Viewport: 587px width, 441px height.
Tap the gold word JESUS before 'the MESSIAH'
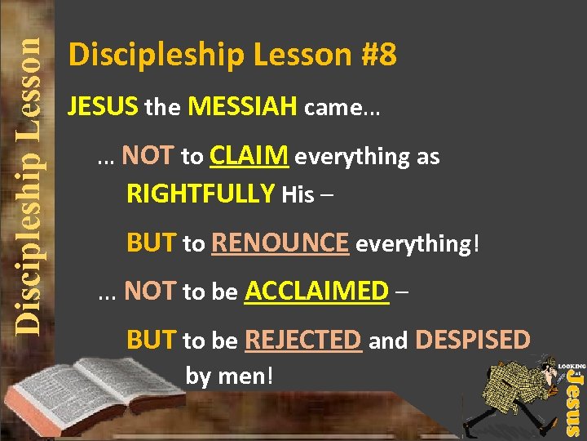104,106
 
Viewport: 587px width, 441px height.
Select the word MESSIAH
242,106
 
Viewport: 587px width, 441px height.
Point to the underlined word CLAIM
249,156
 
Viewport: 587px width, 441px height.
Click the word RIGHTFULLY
201,194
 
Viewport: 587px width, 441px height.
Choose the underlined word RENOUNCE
280,243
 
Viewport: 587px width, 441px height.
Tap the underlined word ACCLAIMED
316,291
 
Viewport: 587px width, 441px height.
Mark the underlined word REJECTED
302,340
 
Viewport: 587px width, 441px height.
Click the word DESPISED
472,340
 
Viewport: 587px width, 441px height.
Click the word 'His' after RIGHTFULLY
298,195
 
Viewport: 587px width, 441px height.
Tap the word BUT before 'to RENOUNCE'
152,243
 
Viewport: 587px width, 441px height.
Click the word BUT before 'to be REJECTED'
152,340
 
